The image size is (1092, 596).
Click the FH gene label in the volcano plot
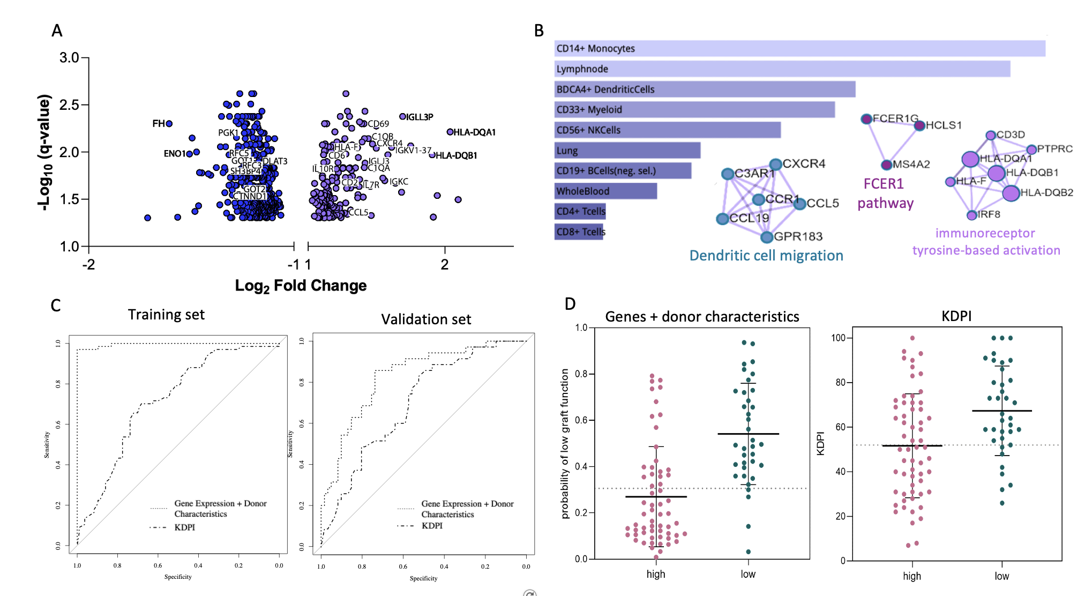click(x=159, y=124)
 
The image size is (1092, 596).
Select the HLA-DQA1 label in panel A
click(x=474, y=132)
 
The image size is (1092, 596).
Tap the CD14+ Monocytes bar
click(x=799, y=48)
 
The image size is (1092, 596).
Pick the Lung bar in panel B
click(x=627, y=151)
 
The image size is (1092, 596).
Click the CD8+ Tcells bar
click(x=579, y=232)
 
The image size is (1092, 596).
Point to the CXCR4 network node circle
click(x=775, y=165)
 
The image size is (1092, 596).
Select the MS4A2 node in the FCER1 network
click(x=887, y=165)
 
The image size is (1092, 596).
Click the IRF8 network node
click(x=971, y=215)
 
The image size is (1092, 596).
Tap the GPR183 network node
click(x=767, y=237)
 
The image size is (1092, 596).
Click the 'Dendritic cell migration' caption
click(x=766, y=256)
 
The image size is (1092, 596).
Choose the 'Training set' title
click(x=166, y=315)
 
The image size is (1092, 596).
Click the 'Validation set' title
click(x=426, y=319)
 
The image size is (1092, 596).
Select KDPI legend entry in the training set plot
click(x=185, y=527)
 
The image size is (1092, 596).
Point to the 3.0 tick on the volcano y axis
click(x=69, y=57)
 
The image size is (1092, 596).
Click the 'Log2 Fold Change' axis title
click(x=301, y=286)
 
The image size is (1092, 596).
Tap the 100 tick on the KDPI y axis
click(x=838, y=338)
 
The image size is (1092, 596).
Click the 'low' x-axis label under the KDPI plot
click(x=1001, y=576)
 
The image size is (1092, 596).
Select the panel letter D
click(x=570, y=304)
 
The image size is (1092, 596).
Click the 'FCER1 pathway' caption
click(x=885, y=193)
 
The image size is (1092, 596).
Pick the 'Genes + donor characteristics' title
click(x=702, y=317)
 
